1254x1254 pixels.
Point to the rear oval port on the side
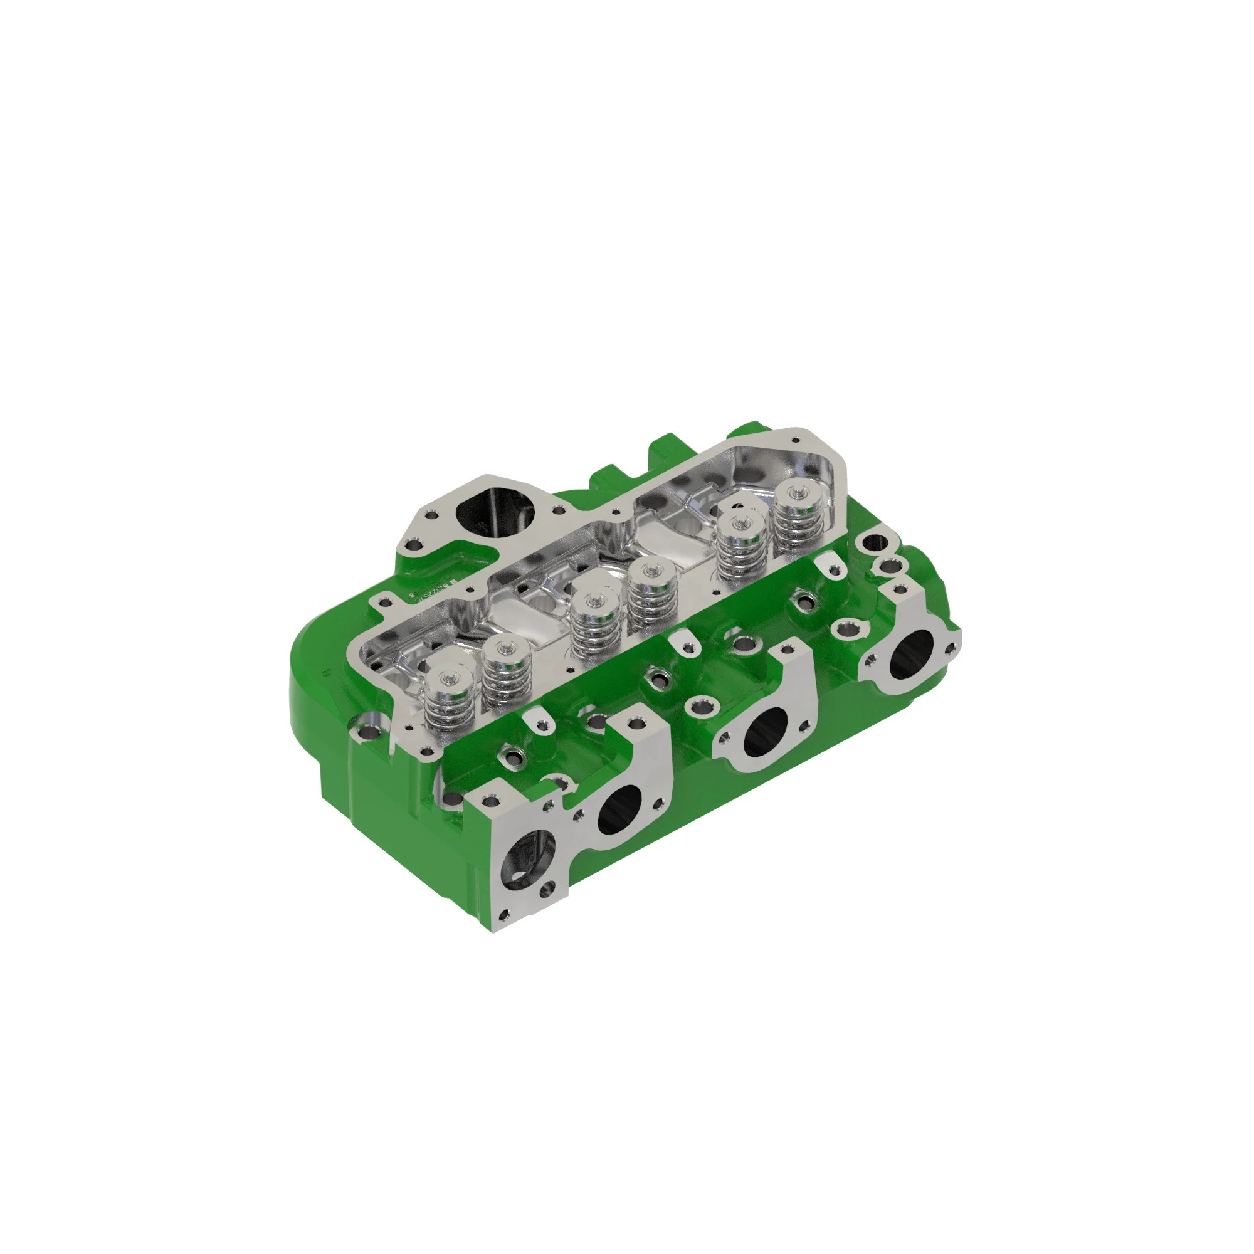[910, 654]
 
